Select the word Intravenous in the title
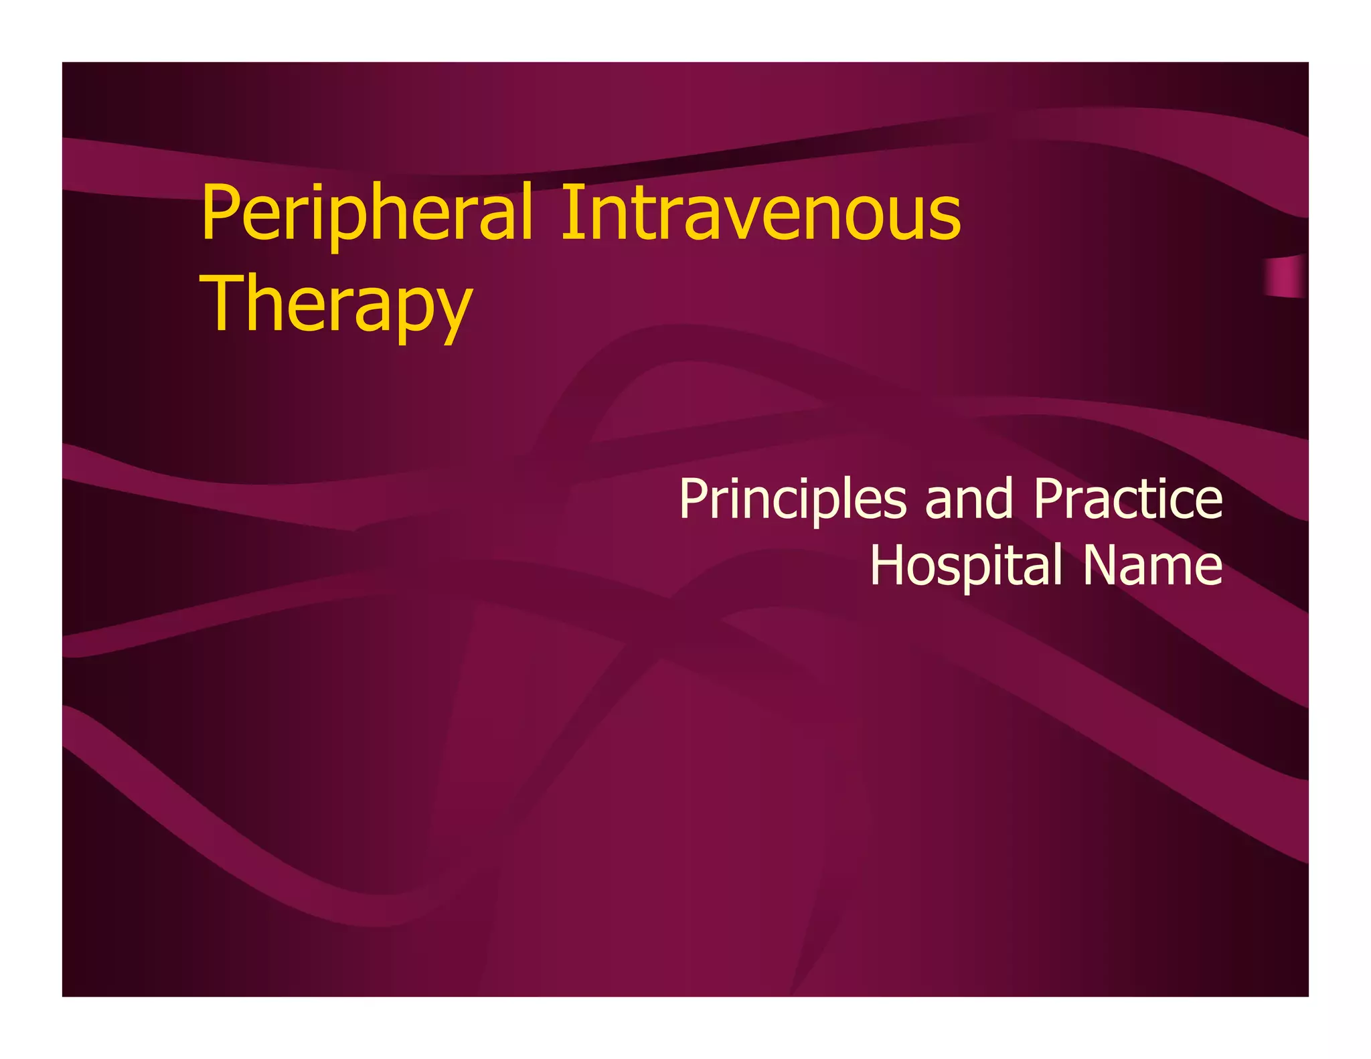pyautogui.click(x=760, y=213)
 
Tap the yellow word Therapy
pyautogui.click(x=336, y=305)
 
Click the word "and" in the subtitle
pyautogui.click(x=969, y=500)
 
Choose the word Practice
pyautogui.click(x=1128, y=499)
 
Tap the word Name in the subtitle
pyautogui.click(x=1153, y=566)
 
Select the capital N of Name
pyautogui.click(x=1101, y=566)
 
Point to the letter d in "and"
pyautogui.click(x=999, y=499)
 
